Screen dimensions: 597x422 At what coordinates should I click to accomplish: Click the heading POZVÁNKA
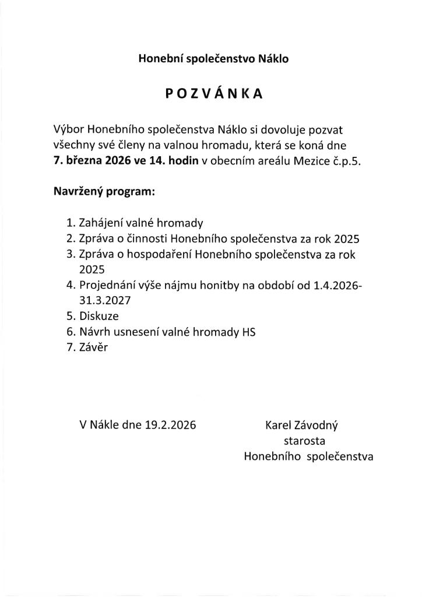tap(213, 95)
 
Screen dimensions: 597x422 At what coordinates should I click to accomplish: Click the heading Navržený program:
tap(104, 191)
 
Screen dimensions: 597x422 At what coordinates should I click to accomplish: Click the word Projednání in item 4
tap(105, 285)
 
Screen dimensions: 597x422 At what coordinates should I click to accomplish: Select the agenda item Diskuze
tap(99, 316)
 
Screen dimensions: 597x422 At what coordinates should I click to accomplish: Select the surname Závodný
tap(318, 425)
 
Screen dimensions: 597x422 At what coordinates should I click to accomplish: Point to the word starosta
tap(304, 441)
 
